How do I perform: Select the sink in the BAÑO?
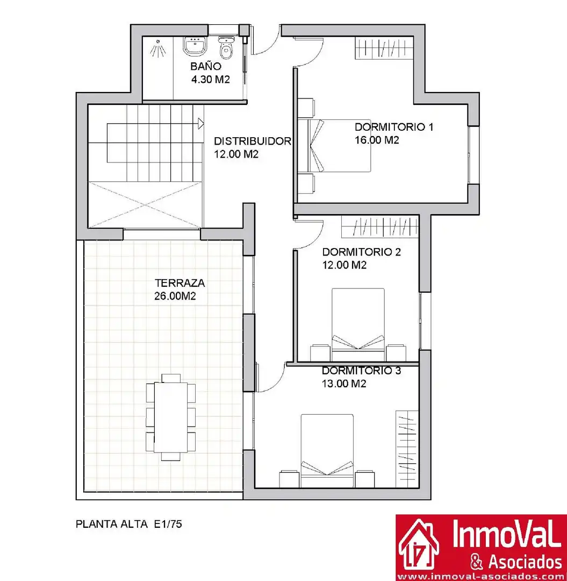(195, 46)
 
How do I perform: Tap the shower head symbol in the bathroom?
(158, 48)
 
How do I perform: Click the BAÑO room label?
(206, 66)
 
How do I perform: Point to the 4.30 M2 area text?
(210, 79)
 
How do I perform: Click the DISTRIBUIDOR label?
(253, 141)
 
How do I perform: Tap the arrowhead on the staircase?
(201, 123)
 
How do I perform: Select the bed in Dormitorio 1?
(340, 146)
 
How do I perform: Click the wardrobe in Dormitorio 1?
(384, 48)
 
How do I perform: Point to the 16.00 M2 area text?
(377, 140)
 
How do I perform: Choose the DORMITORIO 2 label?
(361, 252)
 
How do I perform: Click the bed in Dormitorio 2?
(358, 324)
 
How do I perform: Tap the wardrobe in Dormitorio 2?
(380, 227)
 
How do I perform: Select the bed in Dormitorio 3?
(327, 451)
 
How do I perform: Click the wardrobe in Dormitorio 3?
(407, 449)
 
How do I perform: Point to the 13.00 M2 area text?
(344, 384)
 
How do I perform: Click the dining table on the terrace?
(170, 417)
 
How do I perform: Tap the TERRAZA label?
(180, 283)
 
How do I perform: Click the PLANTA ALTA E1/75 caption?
(129, 524)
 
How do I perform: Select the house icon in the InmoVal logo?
(419, 544)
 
